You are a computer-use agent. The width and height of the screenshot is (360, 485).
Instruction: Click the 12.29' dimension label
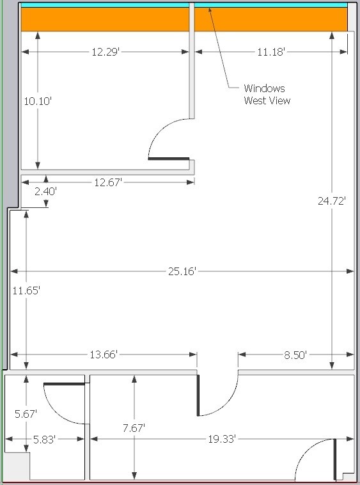(x=106, y=52)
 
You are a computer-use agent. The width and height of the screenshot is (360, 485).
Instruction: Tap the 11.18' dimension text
(x=271, y=52)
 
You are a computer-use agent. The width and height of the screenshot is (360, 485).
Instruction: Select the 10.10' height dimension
(x=37, y=100)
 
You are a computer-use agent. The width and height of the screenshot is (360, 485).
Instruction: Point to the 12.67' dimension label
(x=107, y=183)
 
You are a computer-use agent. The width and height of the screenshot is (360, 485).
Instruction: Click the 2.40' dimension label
(x=45, y=191)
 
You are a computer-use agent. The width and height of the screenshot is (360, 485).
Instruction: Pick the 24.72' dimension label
(x=332, y=201)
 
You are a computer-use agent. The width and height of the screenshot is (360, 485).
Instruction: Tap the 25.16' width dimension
(x=182, y=271)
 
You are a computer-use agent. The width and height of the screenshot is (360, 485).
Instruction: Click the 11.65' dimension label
(x=26, y=290)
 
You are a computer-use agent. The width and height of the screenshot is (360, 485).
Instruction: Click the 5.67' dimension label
(x=26, y=414)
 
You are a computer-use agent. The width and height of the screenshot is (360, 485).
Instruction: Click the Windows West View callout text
(x=267, y=94)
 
